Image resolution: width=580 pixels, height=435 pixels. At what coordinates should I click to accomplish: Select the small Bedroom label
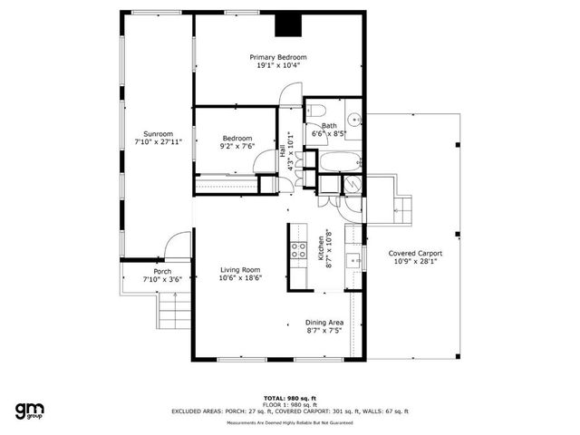(x=237, y=139)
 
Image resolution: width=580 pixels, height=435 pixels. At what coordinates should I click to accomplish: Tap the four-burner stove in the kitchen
(x=297, y=250)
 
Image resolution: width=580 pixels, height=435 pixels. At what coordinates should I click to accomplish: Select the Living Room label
(x=239, y=270)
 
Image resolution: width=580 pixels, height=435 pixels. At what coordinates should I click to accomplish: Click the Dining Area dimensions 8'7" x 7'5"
(x=324, y=332)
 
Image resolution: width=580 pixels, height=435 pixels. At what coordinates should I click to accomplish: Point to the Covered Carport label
(x=415, y=254)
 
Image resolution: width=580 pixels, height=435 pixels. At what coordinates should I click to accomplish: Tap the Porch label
(x=163, y=272)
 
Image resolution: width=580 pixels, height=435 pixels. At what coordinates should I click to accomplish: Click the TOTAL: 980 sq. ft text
(x=289, y=398)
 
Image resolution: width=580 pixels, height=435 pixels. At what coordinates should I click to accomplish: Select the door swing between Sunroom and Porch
(x=178, y=246)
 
